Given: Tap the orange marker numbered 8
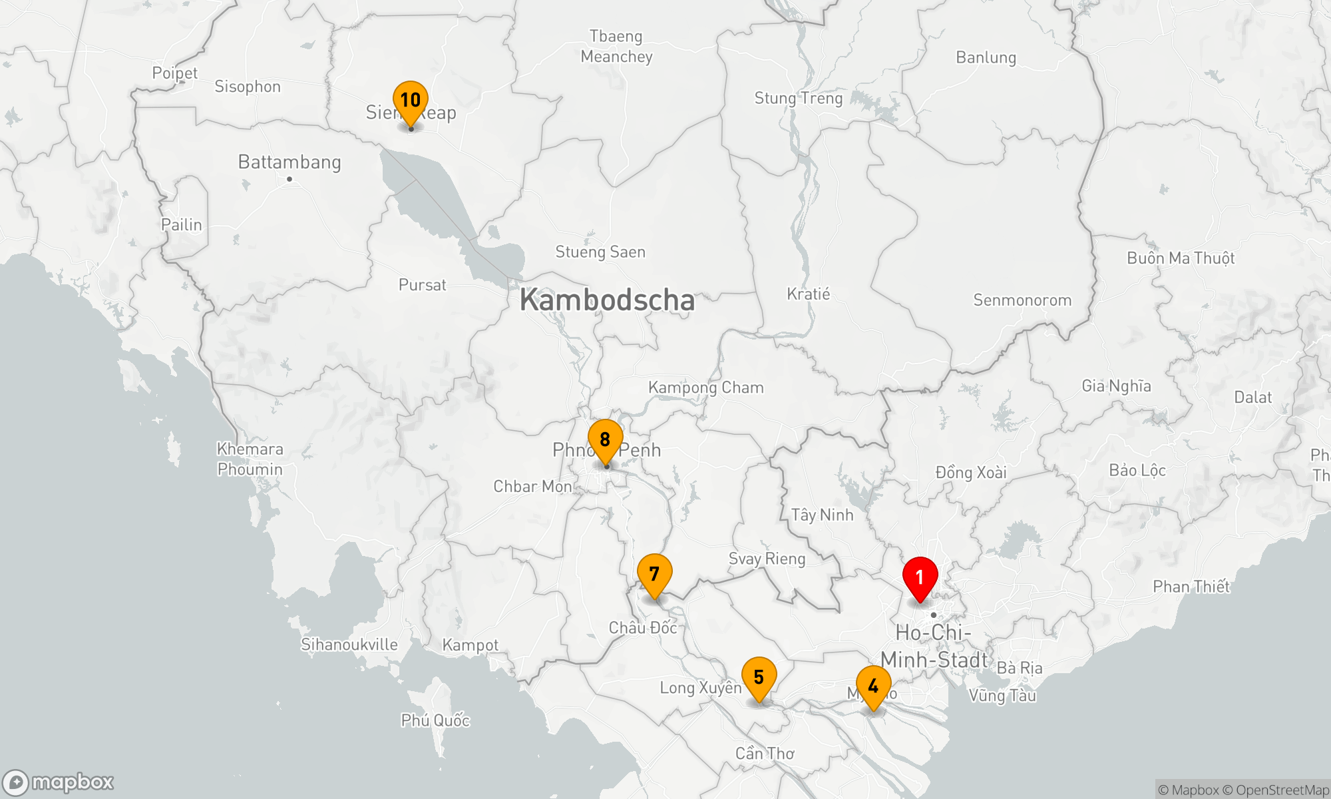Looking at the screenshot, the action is (605, 440).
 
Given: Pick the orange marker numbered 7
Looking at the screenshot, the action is (654, 574).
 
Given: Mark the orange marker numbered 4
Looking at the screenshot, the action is (873, 686).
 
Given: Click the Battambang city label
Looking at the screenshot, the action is (289, 162).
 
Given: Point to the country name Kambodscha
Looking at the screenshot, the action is (607, 300).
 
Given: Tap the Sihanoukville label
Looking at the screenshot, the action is (349, 645).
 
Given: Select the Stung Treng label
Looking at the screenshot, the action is (798, 99).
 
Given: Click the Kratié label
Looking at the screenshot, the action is (809, 294).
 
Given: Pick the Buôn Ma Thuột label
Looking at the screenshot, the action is (1180, 258).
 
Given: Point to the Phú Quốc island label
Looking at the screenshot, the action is (435, 720).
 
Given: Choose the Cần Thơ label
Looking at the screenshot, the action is (765, 753).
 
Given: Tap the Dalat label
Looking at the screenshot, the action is (1252, 398).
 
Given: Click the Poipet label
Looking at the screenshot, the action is (175, 73).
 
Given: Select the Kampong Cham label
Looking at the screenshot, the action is (705, 388).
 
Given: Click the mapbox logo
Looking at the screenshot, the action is (59, 782).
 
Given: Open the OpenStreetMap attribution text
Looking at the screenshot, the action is (1282, 790).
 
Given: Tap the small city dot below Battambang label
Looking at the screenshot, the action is (289, 179).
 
